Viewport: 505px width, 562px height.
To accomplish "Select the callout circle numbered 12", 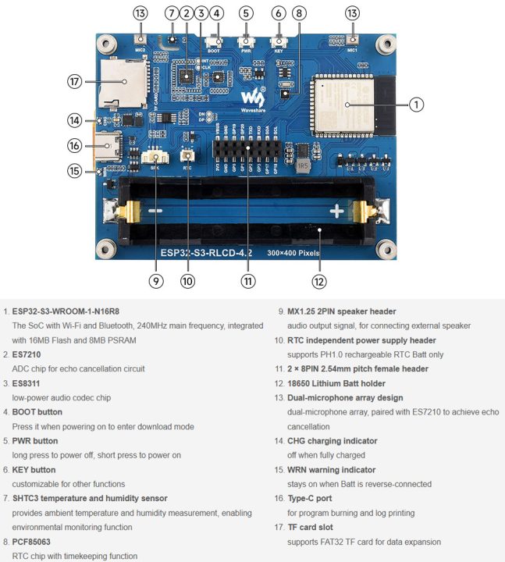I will point(318,281).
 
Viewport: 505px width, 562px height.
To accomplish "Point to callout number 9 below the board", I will point(156,281).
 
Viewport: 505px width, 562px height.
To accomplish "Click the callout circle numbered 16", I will point(75,145).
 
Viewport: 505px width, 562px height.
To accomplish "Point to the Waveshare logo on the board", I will point(252,98).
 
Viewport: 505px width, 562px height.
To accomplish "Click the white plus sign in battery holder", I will point(336,211).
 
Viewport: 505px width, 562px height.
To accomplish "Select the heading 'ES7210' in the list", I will point(28,354).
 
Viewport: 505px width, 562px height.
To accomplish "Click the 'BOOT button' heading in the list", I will point(37,411).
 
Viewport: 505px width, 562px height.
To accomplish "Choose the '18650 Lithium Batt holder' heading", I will point(340,383).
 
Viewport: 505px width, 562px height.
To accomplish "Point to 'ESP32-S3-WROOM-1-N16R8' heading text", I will point(66,311).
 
